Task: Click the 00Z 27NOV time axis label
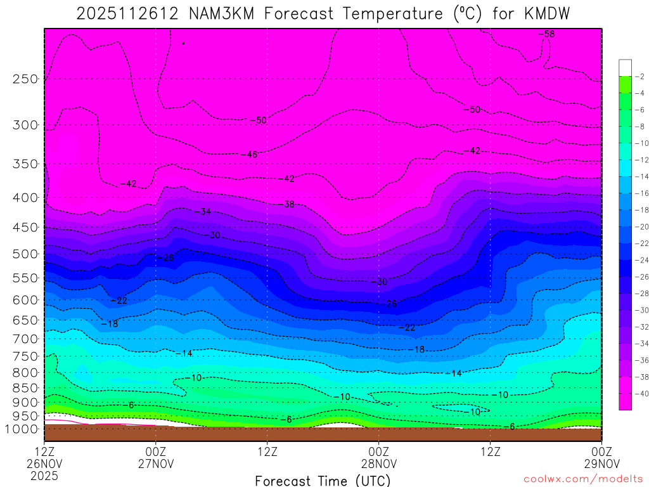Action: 156,457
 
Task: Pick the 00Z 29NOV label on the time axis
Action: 601,457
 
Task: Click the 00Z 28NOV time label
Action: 378,457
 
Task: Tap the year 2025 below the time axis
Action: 44,475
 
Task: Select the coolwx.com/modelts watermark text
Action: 583,479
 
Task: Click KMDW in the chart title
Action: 547,13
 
